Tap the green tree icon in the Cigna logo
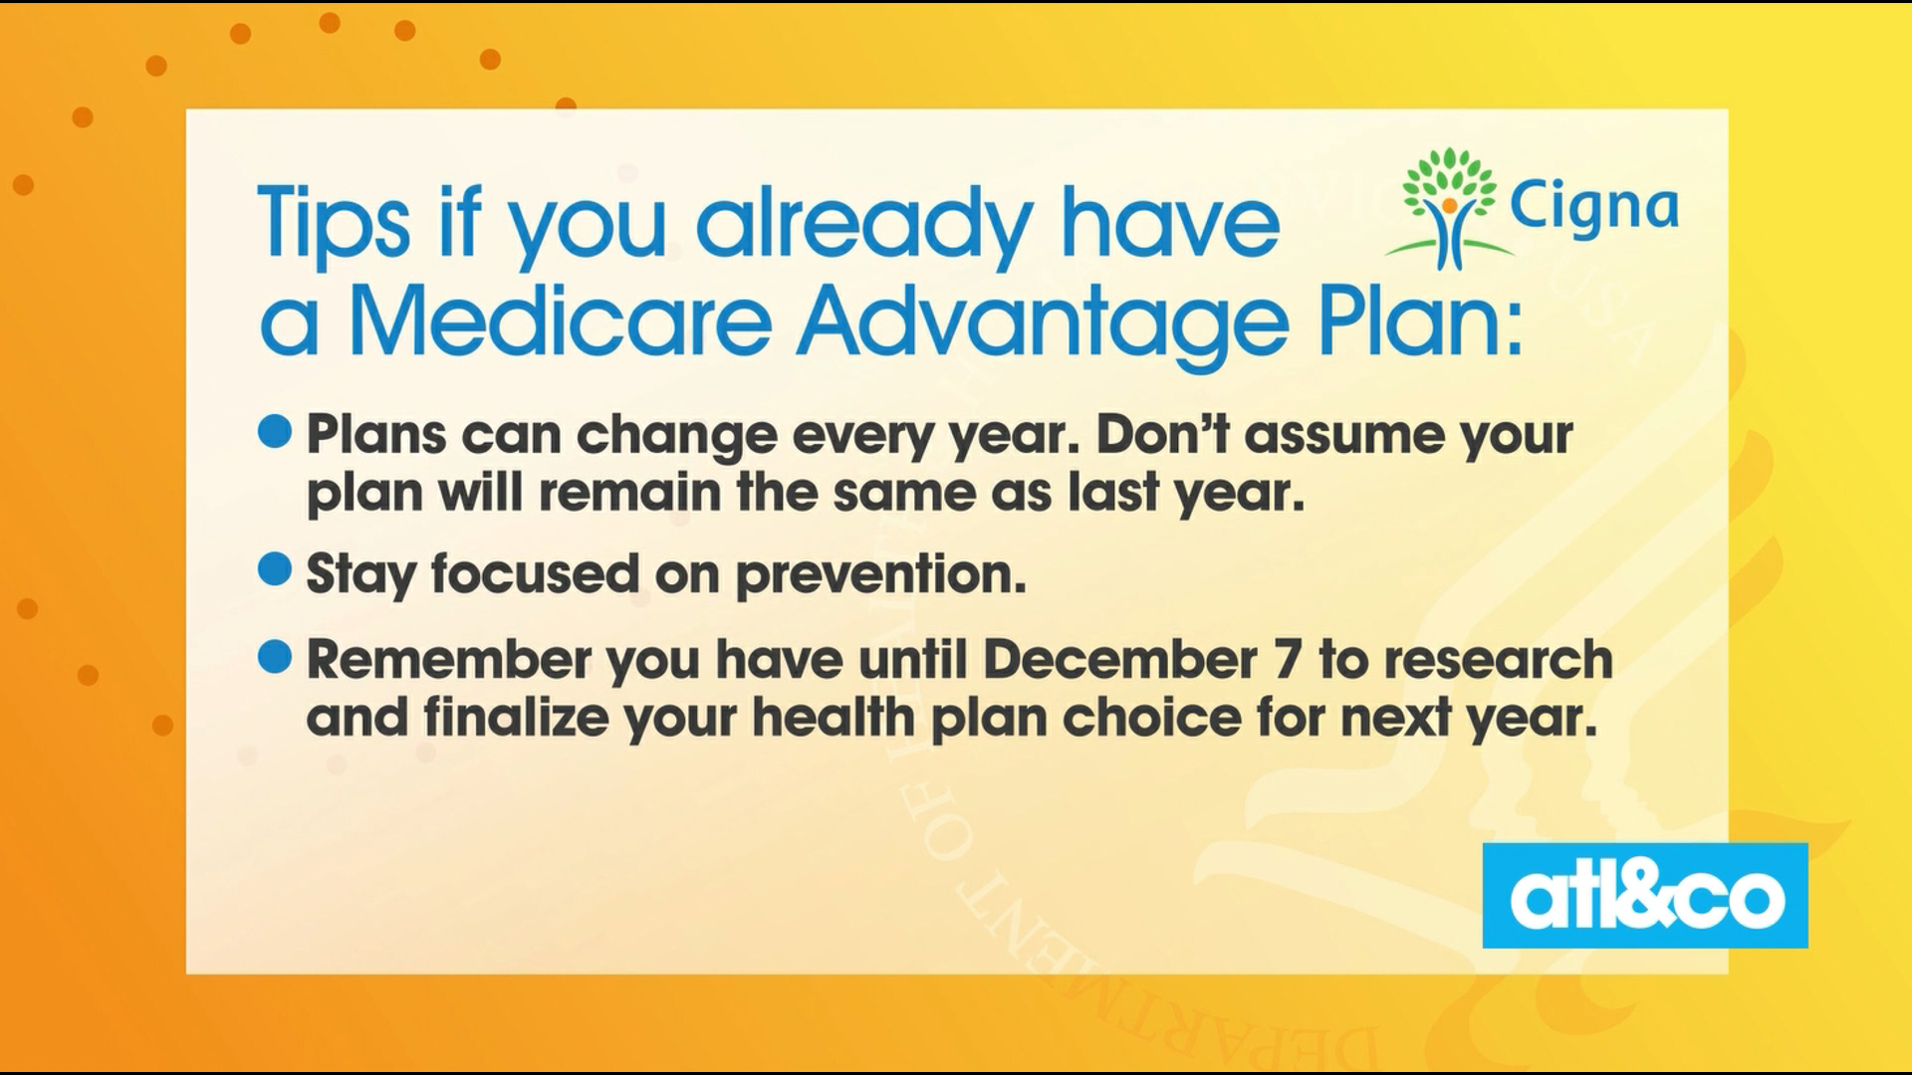coord(1449,207)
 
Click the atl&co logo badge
coord(1645,895)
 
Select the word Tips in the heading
coord(334,223)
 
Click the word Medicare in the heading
coord(561,323)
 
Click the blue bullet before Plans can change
coord(275,432)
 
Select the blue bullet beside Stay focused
coord(275,569)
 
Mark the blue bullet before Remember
coord(275,656)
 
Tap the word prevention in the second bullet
coord(880,576)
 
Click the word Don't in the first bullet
coord(1161,434)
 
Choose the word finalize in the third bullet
coord(516,718)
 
